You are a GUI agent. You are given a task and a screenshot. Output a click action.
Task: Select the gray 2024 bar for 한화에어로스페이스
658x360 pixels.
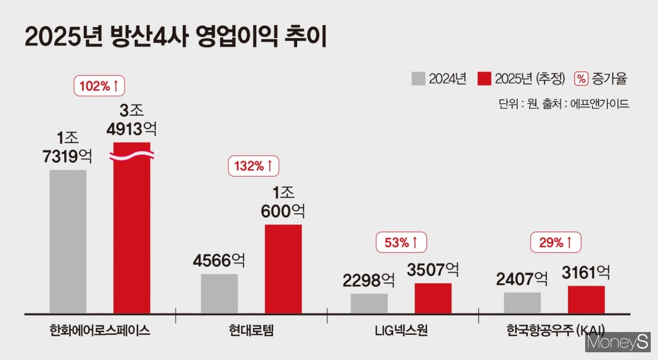pos(67,241)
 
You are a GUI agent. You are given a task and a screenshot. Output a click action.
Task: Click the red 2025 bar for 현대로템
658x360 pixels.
pos(283,268)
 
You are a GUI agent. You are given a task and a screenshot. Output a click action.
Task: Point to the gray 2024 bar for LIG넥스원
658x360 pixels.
pos(369,303)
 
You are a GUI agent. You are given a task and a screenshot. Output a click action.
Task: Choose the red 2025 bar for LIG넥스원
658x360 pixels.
pos(433,298)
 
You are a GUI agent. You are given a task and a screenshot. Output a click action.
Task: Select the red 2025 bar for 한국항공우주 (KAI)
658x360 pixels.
pos(586,299)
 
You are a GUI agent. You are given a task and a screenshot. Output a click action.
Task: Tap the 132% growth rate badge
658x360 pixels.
pos(253,166)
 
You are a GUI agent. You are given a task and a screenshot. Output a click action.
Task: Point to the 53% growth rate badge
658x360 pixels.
pos(401,242)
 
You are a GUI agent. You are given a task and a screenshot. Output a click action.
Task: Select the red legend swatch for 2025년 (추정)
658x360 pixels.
pos(485,78)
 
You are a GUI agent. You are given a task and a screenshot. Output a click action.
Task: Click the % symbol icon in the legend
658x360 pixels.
pos(581,78)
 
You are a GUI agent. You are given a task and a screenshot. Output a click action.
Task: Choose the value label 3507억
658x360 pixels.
pos(433,270)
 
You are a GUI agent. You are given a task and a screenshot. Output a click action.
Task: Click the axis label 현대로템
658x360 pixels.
pos(251,331)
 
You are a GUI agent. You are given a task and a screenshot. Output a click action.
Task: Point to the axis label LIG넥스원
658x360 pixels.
pos(402,331)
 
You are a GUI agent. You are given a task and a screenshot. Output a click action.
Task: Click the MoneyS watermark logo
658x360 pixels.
pos(617,342)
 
